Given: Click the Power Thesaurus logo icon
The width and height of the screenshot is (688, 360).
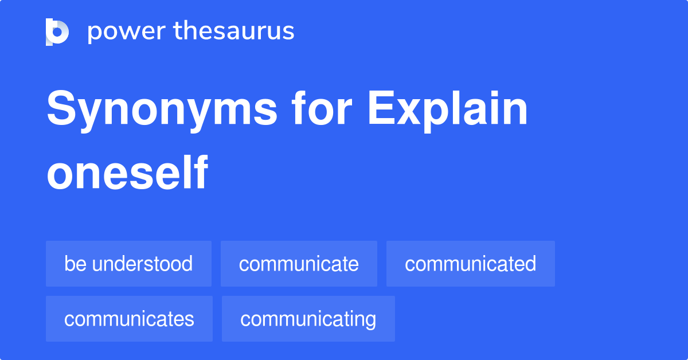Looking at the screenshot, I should coord(57,32).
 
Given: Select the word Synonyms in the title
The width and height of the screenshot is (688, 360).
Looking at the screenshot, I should coord(162,110).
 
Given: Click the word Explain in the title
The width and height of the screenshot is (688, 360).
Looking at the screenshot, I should coord(447,110).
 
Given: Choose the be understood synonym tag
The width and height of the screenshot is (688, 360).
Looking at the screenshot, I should coord(128,264).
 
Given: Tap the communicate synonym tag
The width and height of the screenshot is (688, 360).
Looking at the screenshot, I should coord(299,264).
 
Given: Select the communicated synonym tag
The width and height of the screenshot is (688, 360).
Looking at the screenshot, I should coord(470,264).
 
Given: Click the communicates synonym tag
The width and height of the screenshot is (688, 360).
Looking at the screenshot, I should coord(129,319).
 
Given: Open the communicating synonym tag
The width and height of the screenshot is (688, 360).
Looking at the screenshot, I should coord(308,319).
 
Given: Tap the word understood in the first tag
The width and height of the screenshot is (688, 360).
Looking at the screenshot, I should coord(142,264).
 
